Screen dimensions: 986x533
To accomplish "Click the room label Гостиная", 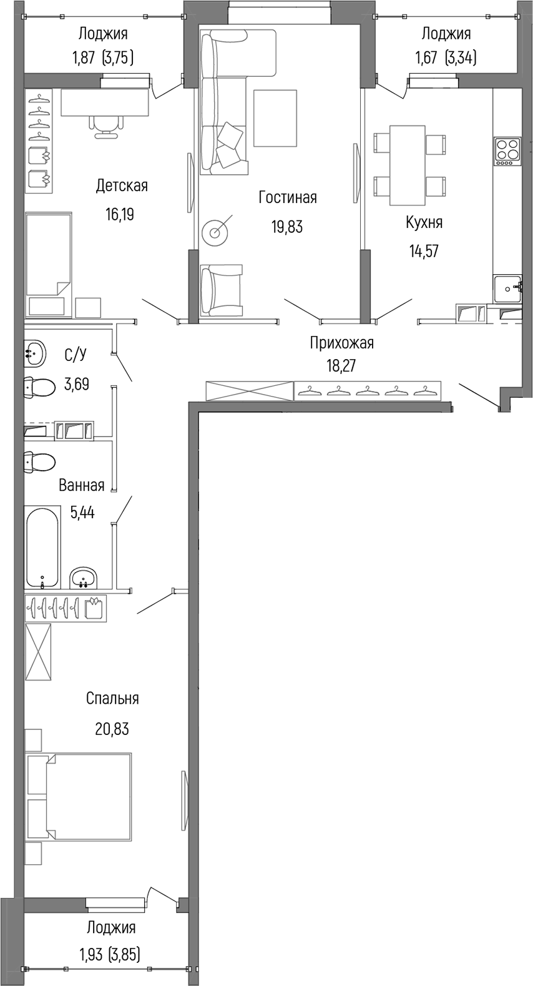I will click(x=288, y=198).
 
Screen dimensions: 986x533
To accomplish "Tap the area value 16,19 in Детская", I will click(x=120, y=215).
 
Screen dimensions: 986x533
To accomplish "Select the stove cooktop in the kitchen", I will click(x=507, y=150).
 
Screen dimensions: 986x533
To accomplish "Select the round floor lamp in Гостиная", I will click(x=216, y=233).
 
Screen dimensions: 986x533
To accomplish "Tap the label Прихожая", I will click(x=341, y=343).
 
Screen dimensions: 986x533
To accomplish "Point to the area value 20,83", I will click(x=112, y=728).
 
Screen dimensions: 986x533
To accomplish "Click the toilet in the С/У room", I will click(x=39, y=388).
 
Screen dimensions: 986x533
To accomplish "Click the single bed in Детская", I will click(x=49, y=255).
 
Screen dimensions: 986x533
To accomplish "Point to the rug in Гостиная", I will click(x=275, y=118).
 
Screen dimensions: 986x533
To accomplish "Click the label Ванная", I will click(x=81, y=485).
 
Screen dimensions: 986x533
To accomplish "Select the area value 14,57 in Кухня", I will click(x=424, y=251).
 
